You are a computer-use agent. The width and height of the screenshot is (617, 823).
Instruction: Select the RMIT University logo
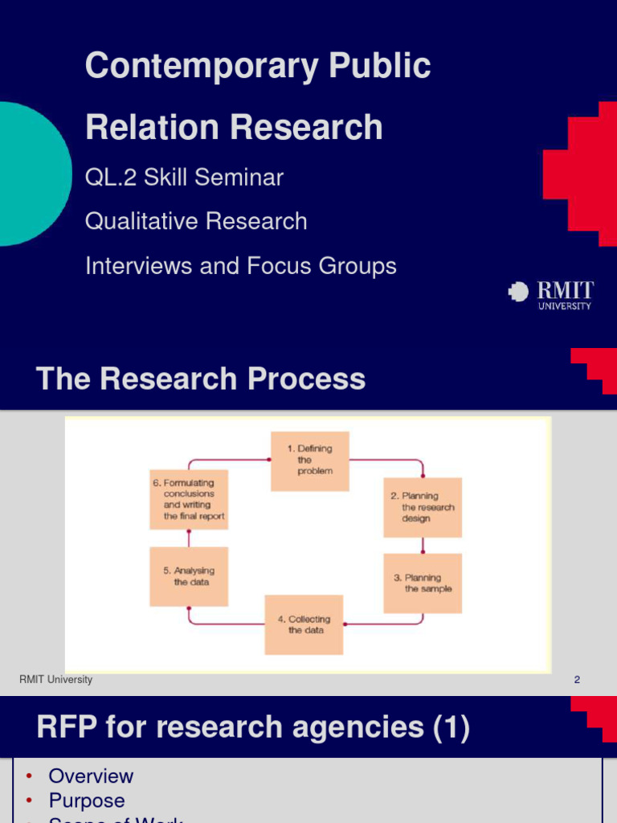[551, 294]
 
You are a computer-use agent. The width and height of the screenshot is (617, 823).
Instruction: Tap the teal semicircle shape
[32, 174]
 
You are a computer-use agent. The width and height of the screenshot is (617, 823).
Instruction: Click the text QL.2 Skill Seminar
[184, 177]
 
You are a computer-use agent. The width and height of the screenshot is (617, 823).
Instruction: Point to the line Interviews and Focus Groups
[240, 266]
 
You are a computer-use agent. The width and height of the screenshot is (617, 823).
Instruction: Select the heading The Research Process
[201, 379]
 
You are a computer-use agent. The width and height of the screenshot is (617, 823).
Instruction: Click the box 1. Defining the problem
[309, 461]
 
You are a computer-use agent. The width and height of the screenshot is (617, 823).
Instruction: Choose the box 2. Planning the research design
[423, 507]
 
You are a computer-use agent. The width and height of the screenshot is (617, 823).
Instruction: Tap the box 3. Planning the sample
[423, 583]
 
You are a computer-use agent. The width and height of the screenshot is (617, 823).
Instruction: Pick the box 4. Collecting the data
[304, 624]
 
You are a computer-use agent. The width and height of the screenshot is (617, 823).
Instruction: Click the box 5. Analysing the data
[189, 576]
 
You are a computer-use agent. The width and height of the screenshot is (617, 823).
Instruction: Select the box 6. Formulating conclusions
[189, 499]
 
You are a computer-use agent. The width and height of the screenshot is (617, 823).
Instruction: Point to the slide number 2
[577, 680]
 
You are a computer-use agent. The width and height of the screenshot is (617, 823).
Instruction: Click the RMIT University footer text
[55, 680]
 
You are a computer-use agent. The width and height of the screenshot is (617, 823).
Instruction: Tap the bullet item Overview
[91, 776]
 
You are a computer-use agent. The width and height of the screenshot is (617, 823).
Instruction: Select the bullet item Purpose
[87, 800]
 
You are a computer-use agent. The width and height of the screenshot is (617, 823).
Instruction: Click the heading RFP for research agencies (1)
[253, 727]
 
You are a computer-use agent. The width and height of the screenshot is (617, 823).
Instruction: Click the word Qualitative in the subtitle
[140, 221]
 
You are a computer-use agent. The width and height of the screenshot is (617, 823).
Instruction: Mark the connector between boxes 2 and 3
[423, 545]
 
